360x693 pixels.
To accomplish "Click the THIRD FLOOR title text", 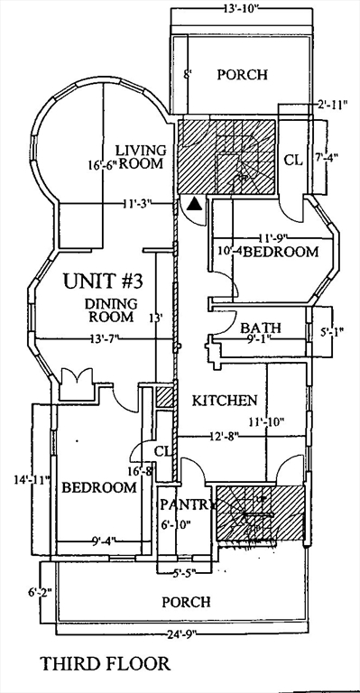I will pyautogui.click(x=105, y=664).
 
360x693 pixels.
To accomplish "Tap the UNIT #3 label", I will pyautogui.click(x=101, y=281).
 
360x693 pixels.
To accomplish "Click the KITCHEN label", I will pyautogui.click(x=226, y=400).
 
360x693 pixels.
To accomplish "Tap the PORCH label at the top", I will pyautogui.click(x=243, y=74).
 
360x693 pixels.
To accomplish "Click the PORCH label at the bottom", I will pyautogui.click(x=186, y=601).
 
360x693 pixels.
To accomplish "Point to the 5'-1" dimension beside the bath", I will pyautogui.click(x=333, y=330).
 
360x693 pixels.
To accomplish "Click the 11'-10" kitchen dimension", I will pyautogui.click(x=270, y=420).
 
